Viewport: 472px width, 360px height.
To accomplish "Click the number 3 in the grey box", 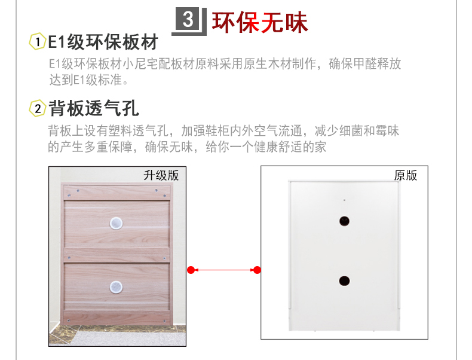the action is tap(188, 19).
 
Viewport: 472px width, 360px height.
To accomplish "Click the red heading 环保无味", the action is tap(260, 22).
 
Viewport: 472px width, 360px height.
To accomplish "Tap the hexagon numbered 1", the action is tap(37, 41).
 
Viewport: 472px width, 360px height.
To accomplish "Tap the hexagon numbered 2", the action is tap(37, 108).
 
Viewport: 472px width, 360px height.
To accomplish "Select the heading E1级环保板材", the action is tap(103, 42).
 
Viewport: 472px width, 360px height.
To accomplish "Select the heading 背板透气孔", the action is tap(94, 108).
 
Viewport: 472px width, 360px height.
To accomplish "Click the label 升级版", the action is tap(161, 175).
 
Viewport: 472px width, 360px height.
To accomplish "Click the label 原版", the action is tap(406, 175).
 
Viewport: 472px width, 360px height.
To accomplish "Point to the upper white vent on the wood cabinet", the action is tap(116, 223).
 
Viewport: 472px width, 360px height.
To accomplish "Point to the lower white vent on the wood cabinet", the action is tap(116, 287).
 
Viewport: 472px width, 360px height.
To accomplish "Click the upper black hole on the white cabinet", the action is tap(344, 221).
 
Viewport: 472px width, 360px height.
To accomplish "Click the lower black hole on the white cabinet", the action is tap(344, 281).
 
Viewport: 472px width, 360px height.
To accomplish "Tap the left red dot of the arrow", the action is tap(191, 270).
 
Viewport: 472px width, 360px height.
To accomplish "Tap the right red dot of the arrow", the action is tap(257, 270).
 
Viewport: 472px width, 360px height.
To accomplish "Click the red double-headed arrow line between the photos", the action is tap(224, 270).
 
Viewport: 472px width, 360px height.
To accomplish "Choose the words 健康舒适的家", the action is tap(290, 147).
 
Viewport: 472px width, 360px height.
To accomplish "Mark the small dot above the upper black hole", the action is tap(344, 200).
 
